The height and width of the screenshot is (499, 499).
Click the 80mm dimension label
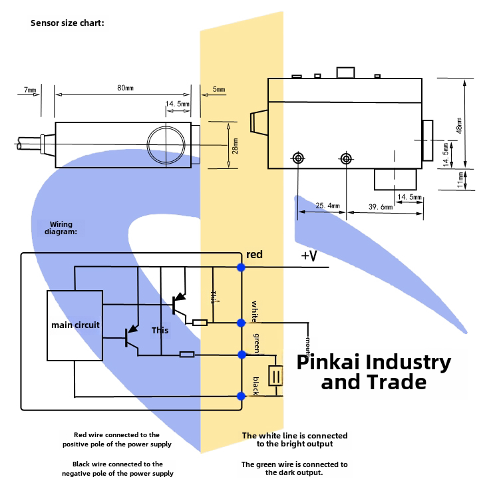coord(124,87)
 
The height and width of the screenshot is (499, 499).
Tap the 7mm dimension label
coord(29,89)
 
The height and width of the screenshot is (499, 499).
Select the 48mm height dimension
coord(459,126)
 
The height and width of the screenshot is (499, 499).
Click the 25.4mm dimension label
coord(327,206)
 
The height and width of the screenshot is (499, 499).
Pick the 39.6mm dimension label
coord(381,207)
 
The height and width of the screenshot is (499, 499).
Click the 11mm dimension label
coord(460,180)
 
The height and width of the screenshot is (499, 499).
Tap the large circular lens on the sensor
coord(164,144)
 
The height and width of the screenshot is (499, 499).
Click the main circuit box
coord(75,325)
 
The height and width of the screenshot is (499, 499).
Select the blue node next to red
coord(241,267)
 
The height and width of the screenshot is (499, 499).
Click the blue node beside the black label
coord(241,396)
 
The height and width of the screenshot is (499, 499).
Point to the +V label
coord(309,256)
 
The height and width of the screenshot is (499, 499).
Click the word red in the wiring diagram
coord(254,255)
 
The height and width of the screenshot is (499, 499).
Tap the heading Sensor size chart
coord(67,23)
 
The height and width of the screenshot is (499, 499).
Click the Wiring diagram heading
coord(61,228)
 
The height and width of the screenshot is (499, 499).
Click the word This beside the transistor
coord(160,330)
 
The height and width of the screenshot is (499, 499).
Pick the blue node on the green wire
coord(241,353)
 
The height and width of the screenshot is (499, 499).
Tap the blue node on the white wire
coord(241,323)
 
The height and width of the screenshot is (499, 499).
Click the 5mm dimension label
coord(218,89)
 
